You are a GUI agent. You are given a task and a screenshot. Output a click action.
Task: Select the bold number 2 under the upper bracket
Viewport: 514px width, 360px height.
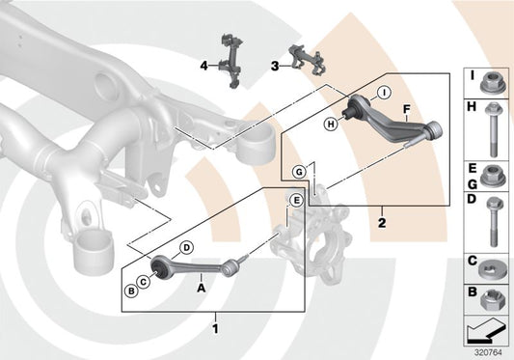tap(382, 221)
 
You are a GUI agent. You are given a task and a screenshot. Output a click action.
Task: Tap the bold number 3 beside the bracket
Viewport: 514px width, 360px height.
tap(274, 66)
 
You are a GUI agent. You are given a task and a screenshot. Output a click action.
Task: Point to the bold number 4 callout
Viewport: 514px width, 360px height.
tap(203, 66)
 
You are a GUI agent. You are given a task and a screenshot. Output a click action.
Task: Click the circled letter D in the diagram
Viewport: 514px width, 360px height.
tap(187, 248)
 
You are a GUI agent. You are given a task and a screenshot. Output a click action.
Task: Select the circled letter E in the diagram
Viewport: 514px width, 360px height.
tap(296, 201)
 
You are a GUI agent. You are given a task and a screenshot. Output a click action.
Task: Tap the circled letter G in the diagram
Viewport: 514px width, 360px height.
tap(300, 171)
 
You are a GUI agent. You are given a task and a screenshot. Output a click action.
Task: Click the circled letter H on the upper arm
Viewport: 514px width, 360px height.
tap(331, 124)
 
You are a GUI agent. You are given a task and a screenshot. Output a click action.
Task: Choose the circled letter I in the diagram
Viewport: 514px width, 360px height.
tap(384, 93)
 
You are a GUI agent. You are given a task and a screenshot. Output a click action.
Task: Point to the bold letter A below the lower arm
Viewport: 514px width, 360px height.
tap(201, 287)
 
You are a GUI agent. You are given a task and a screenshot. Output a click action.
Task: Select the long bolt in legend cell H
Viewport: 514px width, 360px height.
tap(491, 129)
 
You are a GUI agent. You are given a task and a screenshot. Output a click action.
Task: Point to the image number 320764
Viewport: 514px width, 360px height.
tap(489, 351)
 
